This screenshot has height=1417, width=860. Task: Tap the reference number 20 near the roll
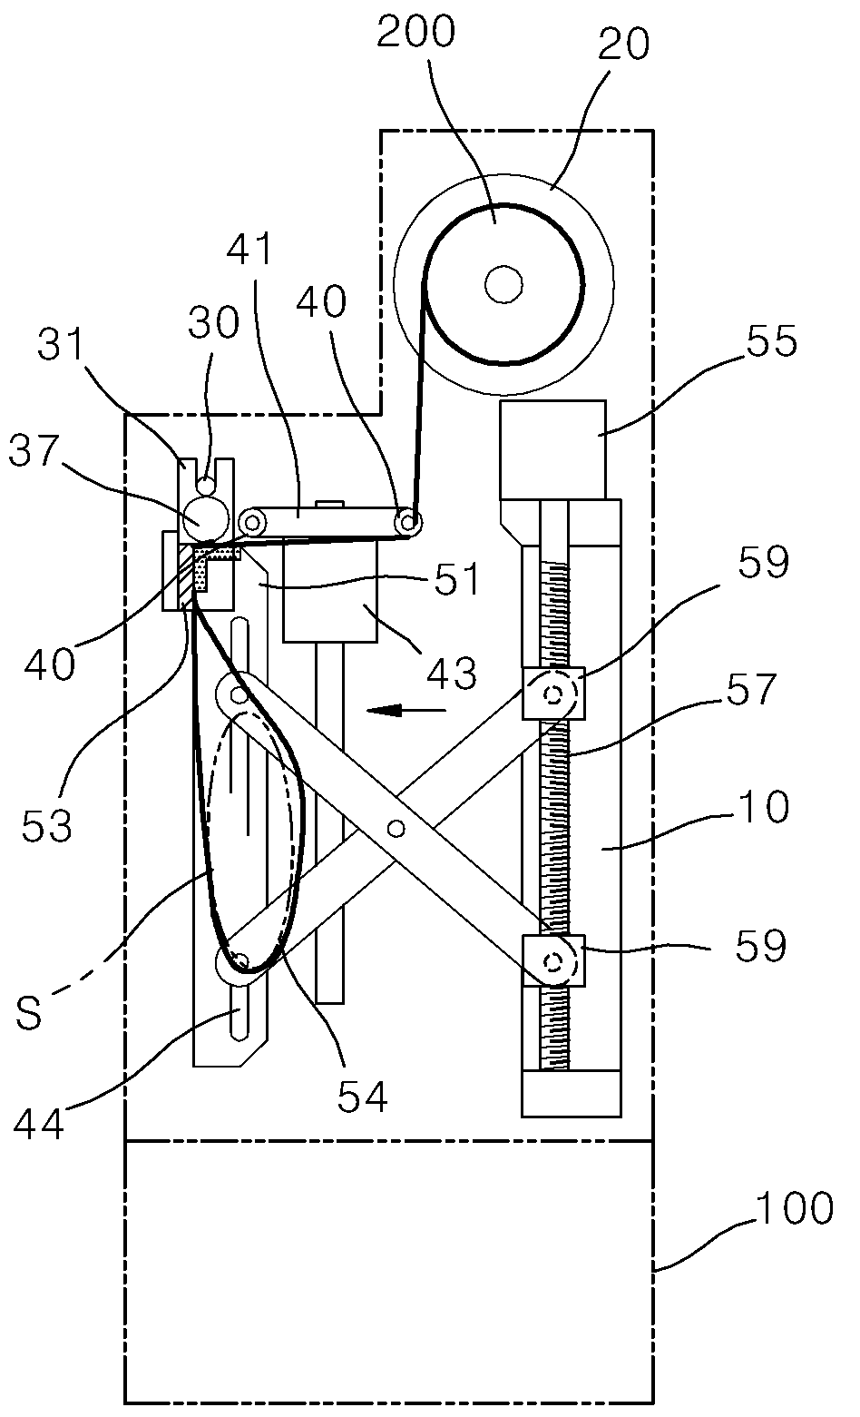(623, 44)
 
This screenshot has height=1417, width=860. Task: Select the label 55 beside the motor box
(772, 341)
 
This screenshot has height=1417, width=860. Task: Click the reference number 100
(795, 1207)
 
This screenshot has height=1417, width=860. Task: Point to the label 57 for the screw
(751, 689)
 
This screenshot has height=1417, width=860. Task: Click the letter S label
(29, 1011)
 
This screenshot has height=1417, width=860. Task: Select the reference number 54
(362, 1097)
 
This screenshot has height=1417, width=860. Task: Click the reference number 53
(46, 825)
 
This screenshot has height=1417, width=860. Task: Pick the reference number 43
(451, 673)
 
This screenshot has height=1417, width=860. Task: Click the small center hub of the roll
(503, 285)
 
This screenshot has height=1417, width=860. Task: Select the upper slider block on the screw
(554, 694)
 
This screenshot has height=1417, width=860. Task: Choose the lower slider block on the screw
(554, 961)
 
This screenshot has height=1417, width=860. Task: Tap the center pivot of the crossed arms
(396, 828)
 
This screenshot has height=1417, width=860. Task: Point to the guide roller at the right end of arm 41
(408, 523)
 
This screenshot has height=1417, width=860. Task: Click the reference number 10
(764, 807)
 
